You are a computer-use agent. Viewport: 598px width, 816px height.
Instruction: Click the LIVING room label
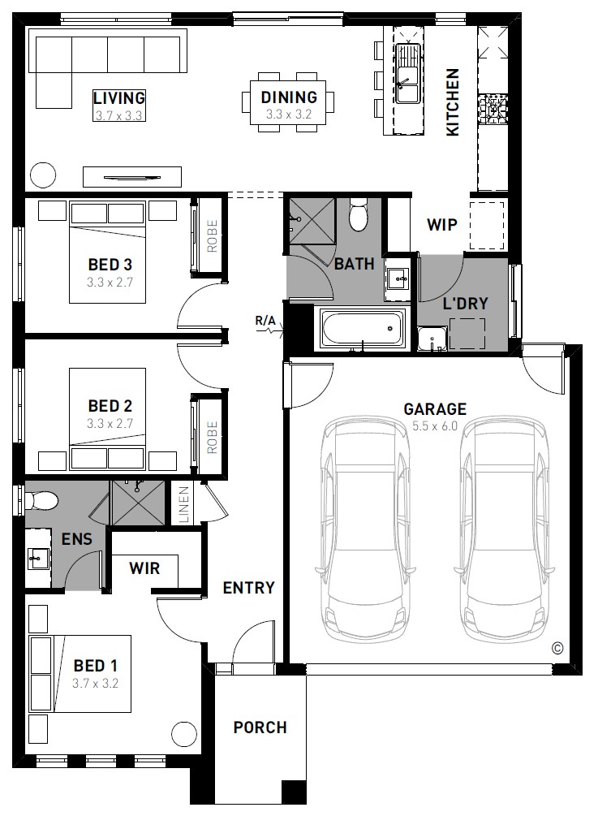click(119, 97)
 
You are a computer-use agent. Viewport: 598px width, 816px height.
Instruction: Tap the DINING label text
click(289, 97)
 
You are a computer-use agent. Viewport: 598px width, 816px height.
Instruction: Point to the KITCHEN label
click(453, 102)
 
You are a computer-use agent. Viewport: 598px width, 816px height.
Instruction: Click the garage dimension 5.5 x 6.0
click(435, 426)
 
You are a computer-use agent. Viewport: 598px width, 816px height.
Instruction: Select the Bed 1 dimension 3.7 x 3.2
click(95, 684)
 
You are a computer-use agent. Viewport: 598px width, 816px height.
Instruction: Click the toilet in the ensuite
click(41, 501)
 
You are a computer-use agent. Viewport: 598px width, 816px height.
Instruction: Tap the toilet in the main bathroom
click(359, 214)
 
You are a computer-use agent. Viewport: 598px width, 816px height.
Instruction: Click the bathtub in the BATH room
click(362, 328)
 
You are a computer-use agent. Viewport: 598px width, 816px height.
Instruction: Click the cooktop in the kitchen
click(493, 109)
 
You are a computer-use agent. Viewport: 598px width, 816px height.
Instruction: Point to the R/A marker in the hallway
click(265, 321)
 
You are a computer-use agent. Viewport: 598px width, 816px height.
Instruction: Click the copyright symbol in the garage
click(557, 649)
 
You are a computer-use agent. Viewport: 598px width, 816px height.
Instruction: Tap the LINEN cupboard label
click(184, 503)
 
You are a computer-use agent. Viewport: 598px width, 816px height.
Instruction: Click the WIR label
click(144, 568)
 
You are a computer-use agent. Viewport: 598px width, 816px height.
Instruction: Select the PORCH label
click(260, 727)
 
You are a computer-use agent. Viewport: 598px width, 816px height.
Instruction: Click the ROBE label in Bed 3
click(212, 235)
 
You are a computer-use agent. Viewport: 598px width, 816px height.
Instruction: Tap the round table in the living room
click(43, 175)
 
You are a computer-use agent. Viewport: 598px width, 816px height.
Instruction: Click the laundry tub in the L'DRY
click(432, 339)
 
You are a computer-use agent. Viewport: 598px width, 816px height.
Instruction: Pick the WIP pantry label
click(442, 225)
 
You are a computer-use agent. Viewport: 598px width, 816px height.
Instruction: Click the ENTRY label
click(248, 588)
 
